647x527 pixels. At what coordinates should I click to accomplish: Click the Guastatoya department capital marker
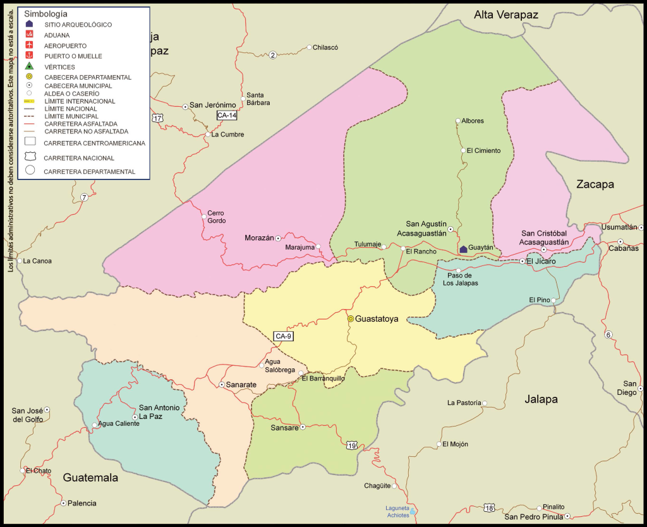[x=350, y=319]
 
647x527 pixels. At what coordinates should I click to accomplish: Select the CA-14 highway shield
[x=226, y=115]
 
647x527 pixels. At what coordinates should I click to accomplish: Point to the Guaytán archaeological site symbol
[x=463, y=249]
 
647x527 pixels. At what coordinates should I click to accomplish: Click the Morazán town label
[x=259, y=238]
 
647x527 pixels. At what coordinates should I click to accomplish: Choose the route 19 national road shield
[x=351, y=446]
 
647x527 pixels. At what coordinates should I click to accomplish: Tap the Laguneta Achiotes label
[x=397, y=511]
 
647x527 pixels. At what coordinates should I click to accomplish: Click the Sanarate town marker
[x=221, y=384]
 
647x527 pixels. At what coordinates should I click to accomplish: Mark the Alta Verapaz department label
[x=507, y=15]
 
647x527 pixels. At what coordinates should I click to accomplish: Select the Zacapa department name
[x=595, y=184]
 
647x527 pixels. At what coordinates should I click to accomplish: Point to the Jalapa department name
[x=541, y=399]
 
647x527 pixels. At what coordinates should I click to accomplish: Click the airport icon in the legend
[x=29, y=45]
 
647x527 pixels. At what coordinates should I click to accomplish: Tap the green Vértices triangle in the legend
[x=29, y=66]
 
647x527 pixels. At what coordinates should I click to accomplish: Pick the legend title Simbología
[x=45, y=13]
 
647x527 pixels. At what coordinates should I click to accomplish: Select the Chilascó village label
[x=326, y=47]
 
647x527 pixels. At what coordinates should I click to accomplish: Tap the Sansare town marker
[x=303, y=427]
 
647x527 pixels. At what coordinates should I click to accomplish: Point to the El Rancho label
[x=421, y=251]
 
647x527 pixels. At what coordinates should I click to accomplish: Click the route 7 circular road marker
[x=84, y=198]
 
